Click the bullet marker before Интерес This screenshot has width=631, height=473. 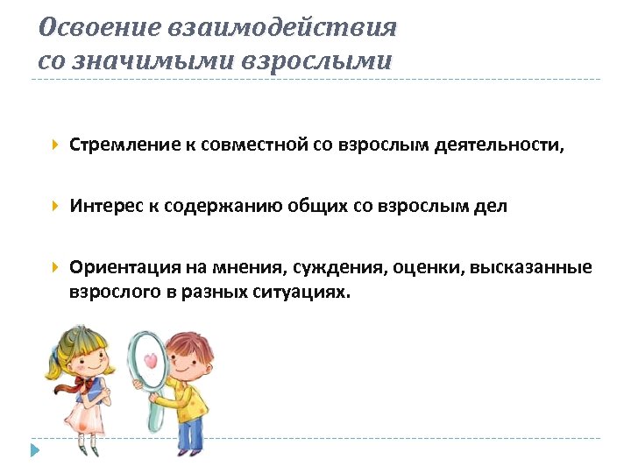point(55,207)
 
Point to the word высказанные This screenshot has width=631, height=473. point(531,267)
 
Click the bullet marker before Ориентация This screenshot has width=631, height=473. point(55,267)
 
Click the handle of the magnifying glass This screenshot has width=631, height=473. point(155,413)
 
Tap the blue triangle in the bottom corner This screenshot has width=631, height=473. point(35,451)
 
